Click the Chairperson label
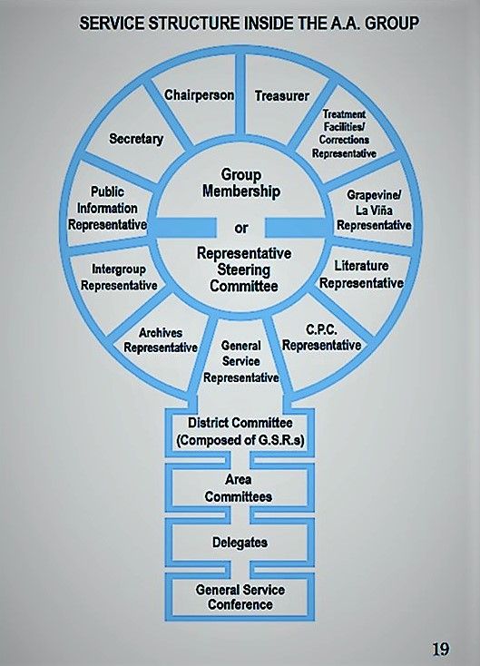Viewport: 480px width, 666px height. (x=199, y=94)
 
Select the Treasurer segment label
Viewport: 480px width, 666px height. (x=281, y=96)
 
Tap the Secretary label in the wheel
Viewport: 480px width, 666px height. (x=136, y=139)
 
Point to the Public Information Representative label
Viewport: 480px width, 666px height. (x=107, y=208)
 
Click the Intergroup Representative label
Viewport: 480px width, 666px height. (x=119, y=277)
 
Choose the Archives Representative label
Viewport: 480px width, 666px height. (x=161, y=339)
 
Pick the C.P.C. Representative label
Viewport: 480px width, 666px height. (x=321, y=338)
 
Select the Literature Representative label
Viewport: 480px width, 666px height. (x=361, y=274)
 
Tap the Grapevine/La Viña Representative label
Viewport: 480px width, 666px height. (x=374, y=210)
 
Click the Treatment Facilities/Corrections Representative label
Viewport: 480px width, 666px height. (x=344, y=133)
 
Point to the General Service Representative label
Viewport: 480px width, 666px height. (x=240, y=361)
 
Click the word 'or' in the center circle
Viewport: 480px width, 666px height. (x=240, y=228)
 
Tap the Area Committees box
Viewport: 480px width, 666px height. (x=240, y=488)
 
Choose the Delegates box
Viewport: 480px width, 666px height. (x=240, y=543)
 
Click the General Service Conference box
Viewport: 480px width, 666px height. (x=240, y=597)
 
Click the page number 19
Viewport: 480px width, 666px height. (x=440, y=649)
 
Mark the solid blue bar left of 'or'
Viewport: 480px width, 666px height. (x=184, y=227)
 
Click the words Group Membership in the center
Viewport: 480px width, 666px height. (x=240, y=182)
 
